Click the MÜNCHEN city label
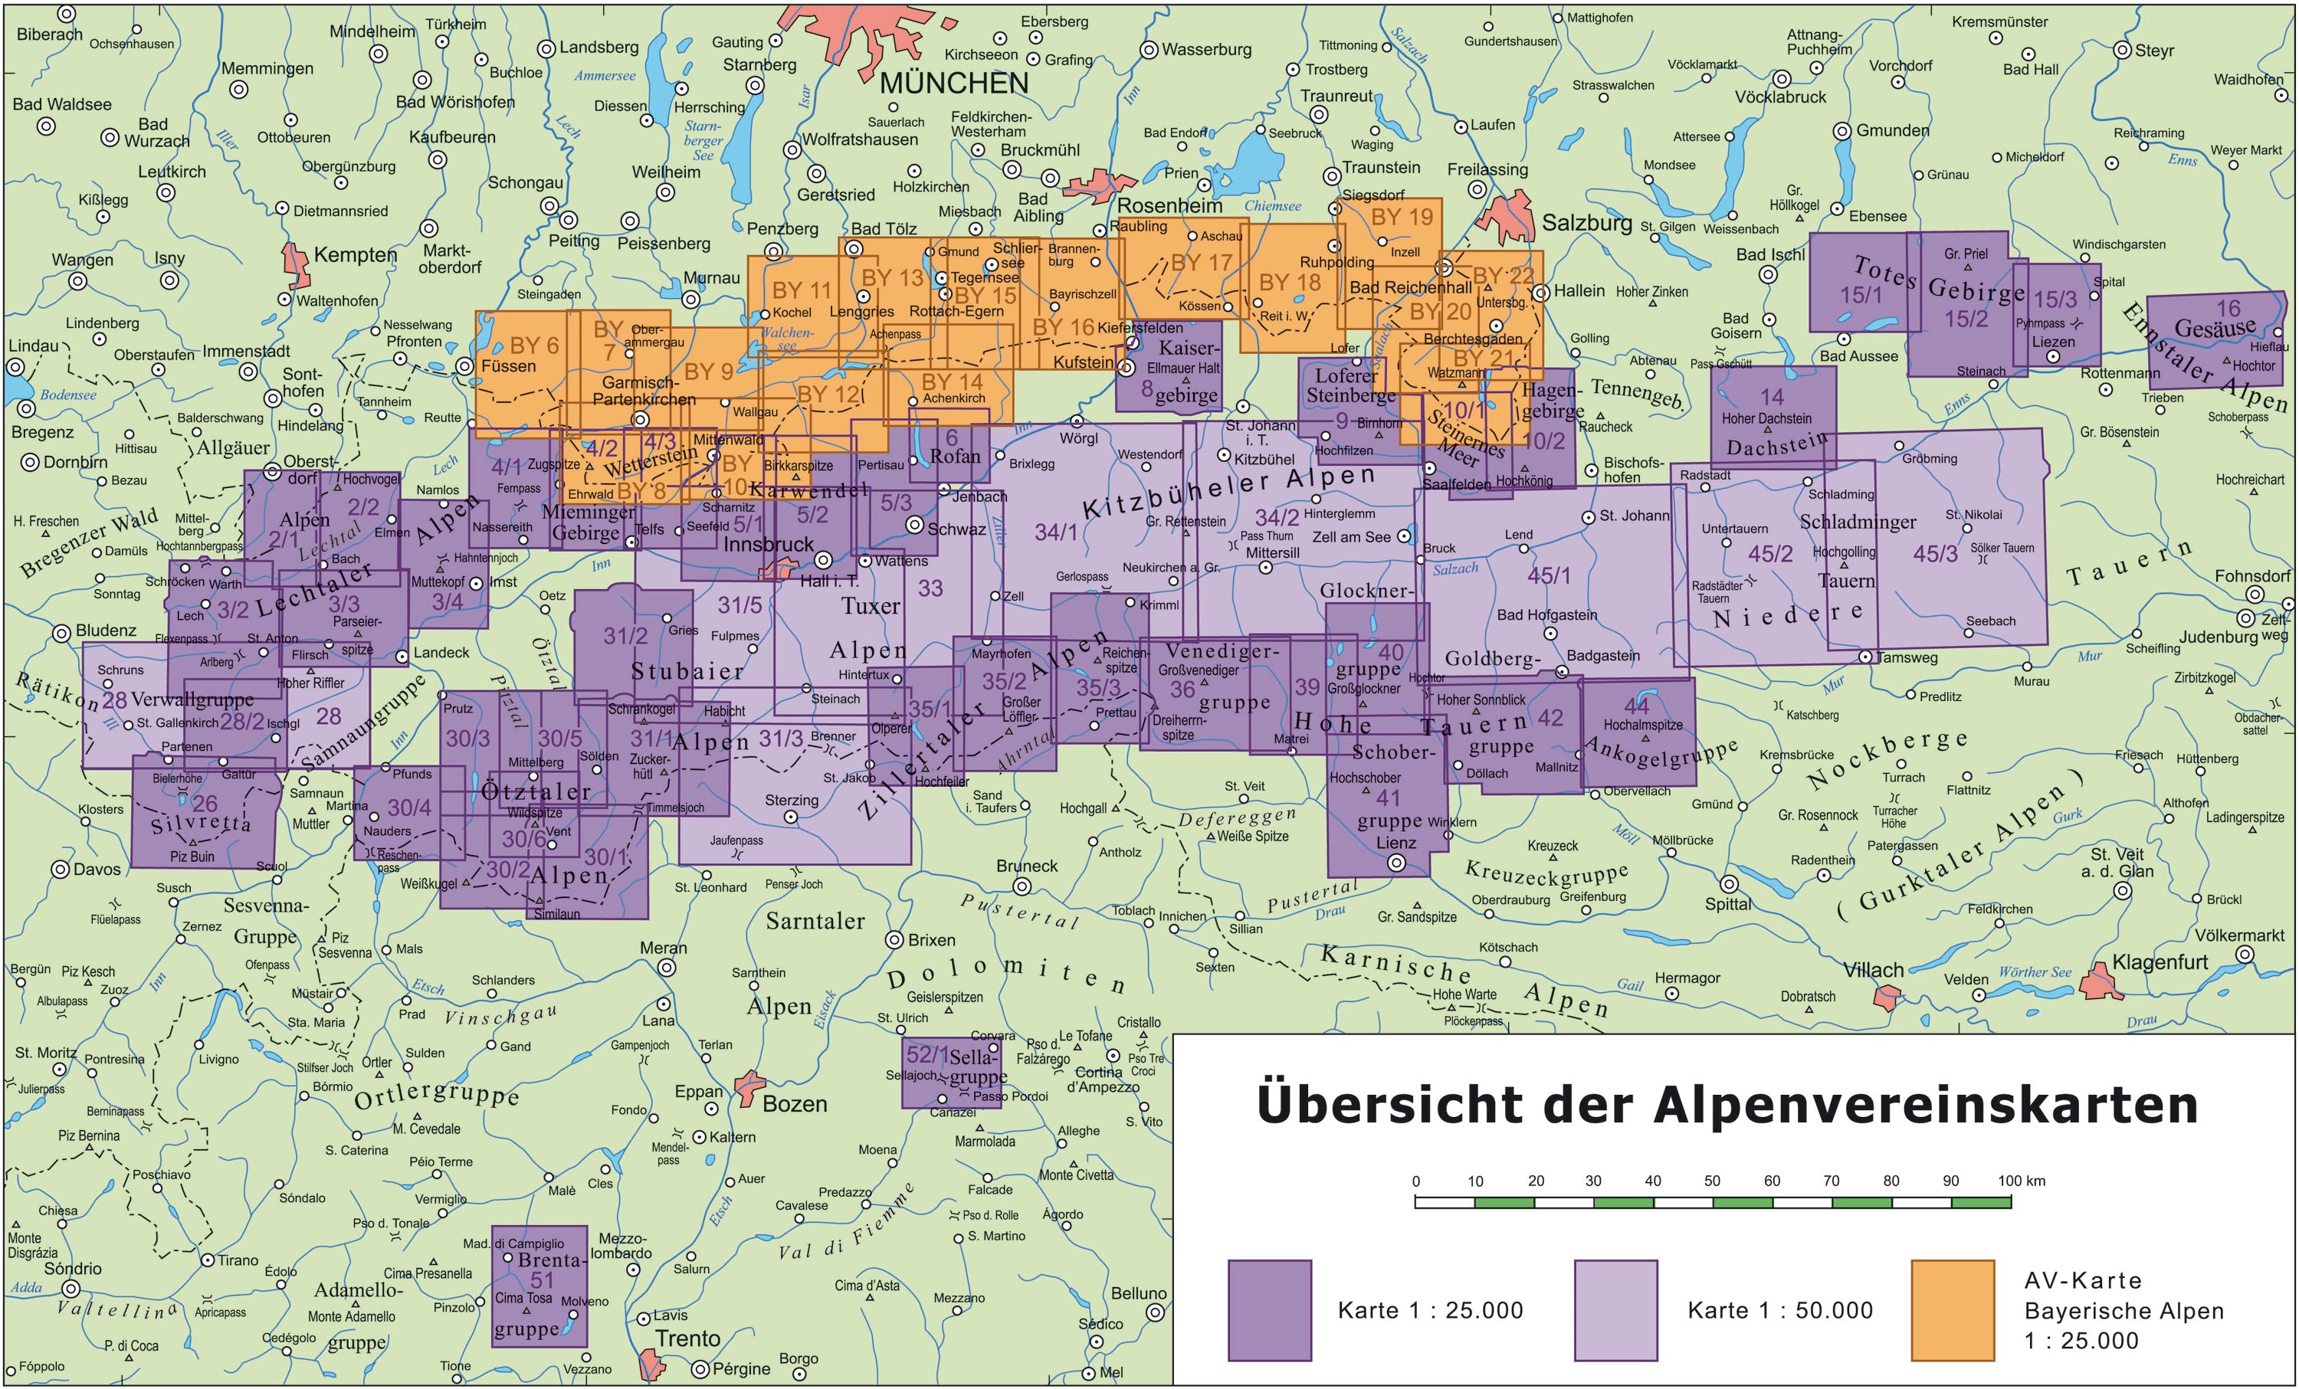pos(953,83)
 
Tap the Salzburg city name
pos(1586,223)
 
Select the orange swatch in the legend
pos(1952,1310)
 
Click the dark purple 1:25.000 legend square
pos(1269,1310)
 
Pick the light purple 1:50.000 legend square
pos(1615,1310)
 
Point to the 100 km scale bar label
pos(2021,1180)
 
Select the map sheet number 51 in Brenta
pos(542,1280)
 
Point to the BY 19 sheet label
pos(1402,218)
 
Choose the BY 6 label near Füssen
pos(533,346)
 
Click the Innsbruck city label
pos(768,544)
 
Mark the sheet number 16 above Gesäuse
pos(2227,308)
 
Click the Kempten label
pos(355,254)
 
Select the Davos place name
pos(97,870)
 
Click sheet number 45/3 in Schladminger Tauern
pos(1935,553)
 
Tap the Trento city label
pos(687,1338)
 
